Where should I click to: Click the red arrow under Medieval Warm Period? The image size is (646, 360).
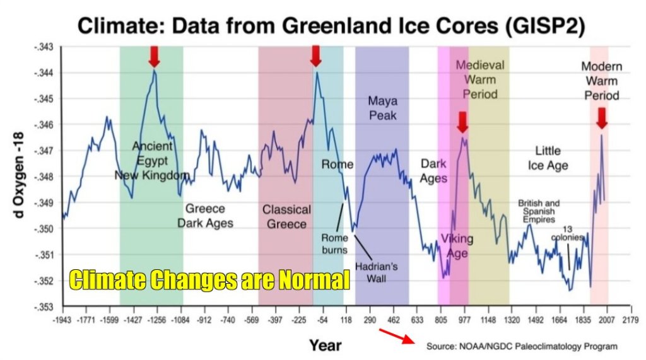(x=462, y=122)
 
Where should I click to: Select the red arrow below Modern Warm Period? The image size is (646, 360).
(x=601, y=117)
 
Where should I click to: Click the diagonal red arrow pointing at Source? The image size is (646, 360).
(x=396, y=337)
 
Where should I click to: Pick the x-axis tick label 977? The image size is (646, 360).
(x=464, y=319)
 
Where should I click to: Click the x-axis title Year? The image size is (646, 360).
(x=325, y=344)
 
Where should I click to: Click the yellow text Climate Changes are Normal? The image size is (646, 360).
(x=209, y=279)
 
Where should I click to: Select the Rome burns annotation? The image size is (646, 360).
(x=334, y=244)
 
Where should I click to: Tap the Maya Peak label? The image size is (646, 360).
(x=382, y=107)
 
